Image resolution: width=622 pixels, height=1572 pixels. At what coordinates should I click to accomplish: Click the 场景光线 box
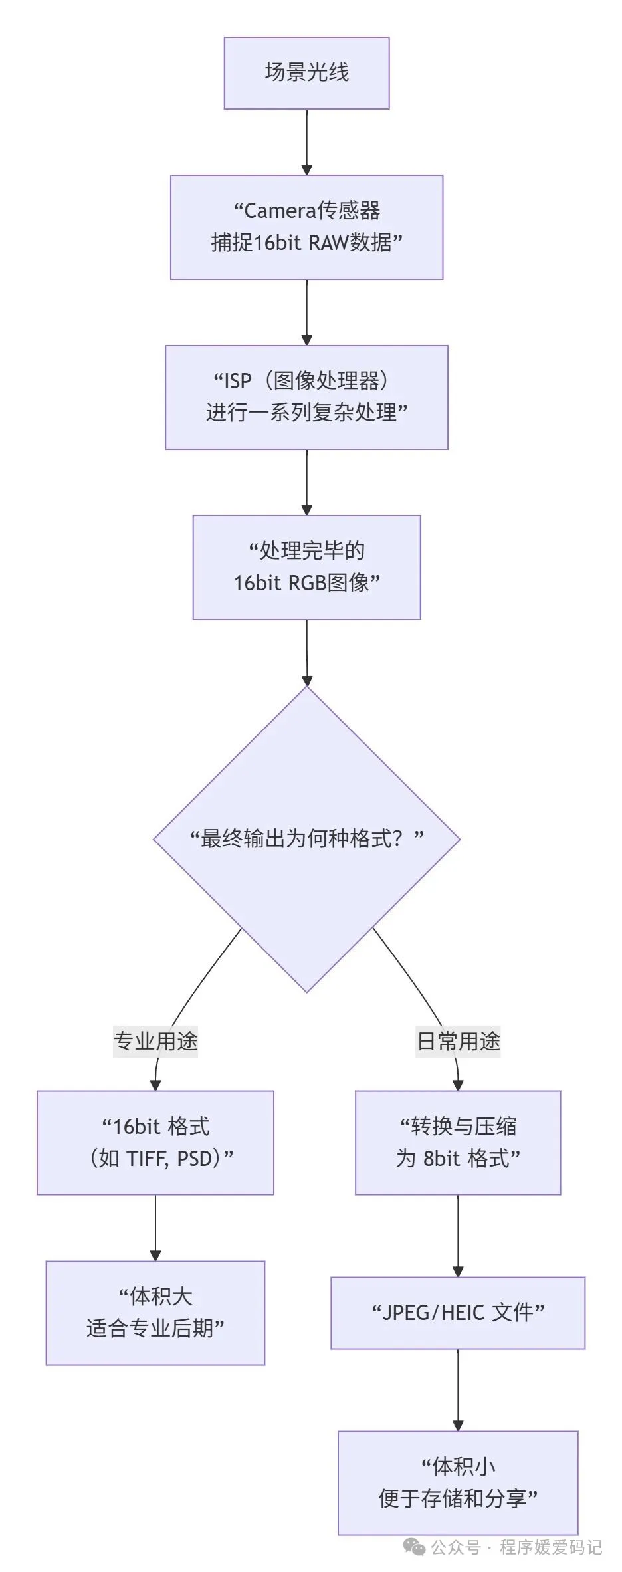coord(306,73)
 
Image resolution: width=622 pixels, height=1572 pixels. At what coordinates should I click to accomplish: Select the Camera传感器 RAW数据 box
coord(306,227)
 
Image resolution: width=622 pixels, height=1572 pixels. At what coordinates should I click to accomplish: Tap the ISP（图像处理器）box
coord(306,397)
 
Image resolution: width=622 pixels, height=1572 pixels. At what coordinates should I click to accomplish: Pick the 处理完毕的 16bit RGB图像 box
coord(306,567)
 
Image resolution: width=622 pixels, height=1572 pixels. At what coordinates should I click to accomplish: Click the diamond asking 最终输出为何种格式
coord(306,839)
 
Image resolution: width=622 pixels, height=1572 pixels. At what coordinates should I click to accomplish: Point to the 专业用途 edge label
coord(155,1041)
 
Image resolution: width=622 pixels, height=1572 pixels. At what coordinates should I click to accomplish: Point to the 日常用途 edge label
coord(458,1041)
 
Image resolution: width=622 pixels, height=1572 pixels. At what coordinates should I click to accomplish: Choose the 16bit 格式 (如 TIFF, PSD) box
coord(155,1143)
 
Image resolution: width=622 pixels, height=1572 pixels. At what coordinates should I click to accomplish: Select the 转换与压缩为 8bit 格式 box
coord(458,1143)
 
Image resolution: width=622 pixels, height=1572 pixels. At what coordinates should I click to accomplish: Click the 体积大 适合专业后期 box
coord(155,1313)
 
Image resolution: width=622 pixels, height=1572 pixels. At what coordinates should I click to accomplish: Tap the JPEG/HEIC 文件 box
coord(458,1313)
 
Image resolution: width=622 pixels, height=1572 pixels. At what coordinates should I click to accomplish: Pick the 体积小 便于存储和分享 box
coord(458,1483)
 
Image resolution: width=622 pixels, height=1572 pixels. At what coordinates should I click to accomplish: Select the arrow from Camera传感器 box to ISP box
coord(306,312)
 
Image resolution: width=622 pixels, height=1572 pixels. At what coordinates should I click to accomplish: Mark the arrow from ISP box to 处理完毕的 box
coord(306,482)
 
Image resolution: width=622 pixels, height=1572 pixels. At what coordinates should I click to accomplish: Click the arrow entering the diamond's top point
coord(306,653)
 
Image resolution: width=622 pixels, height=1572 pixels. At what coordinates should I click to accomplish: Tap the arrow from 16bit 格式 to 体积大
coord(155,1228)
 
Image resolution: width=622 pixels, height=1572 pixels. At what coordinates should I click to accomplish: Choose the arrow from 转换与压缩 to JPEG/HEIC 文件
coord(458,1236)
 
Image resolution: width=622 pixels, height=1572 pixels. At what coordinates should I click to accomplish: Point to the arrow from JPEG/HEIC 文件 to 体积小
coord(458,1390)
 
